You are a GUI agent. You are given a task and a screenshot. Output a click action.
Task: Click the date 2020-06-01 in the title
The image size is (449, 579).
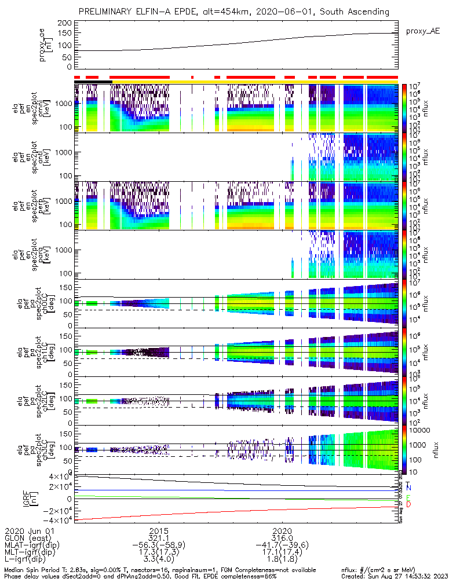point(299,12)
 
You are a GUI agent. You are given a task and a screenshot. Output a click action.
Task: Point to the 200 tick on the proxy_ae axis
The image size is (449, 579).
point(65,23)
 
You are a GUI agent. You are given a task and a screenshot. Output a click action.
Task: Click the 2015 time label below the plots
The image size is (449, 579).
point(159,530)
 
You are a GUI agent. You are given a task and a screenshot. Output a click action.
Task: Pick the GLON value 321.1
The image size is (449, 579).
point(159,538)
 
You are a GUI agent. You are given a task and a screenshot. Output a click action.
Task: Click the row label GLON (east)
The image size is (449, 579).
point(30,538)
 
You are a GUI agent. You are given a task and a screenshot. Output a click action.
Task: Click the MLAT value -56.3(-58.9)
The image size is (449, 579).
point(159,545)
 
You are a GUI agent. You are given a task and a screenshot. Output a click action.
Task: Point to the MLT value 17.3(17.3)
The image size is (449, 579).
point(159,553)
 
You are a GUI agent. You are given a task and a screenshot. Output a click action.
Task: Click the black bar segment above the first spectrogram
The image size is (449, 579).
point(93,82)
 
